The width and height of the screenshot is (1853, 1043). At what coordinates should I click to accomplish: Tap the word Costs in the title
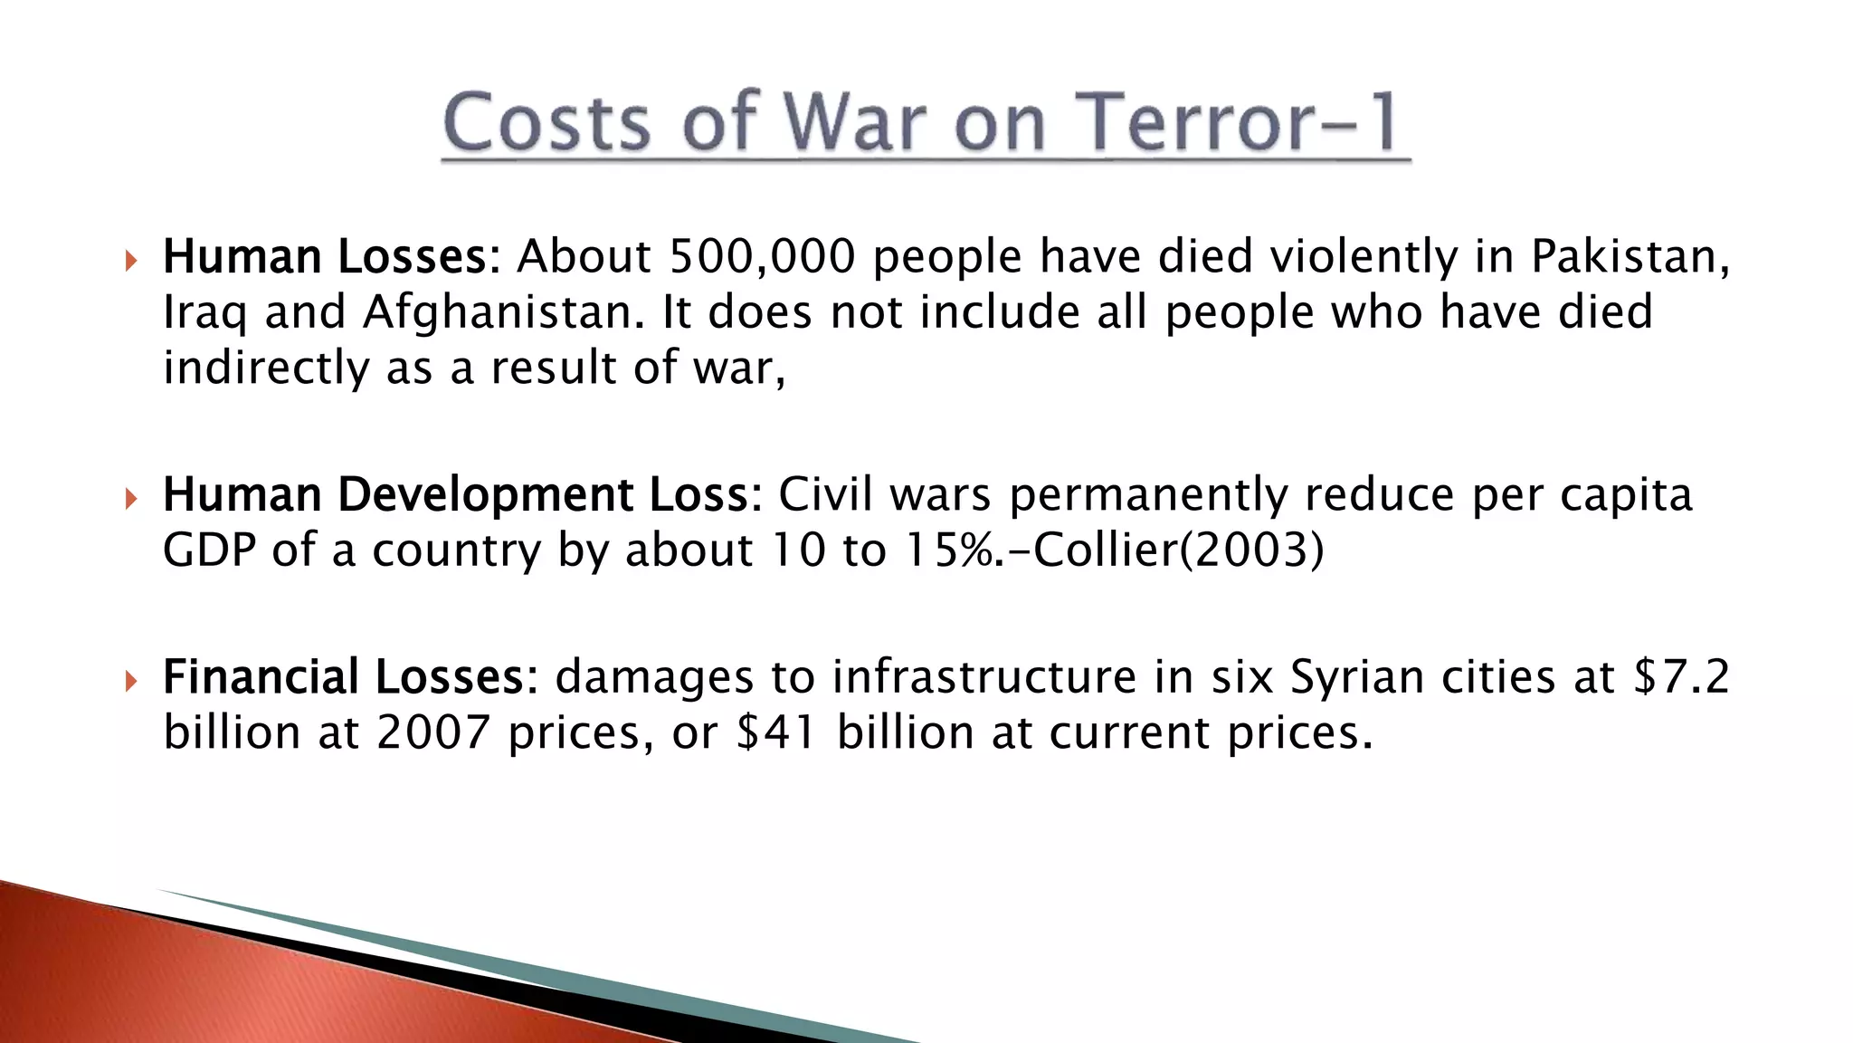(546, 122)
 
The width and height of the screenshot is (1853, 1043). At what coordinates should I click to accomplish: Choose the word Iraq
(204, 312)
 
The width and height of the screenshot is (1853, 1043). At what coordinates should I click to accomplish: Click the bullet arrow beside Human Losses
(131, 262)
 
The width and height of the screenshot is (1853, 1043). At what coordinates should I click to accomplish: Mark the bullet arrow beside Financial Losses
(131, 681)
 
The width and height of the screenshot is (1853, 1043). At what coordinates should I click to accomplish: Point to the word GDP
(209, 550)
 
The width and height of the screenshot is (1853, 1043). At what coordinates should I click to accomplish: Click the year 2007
(433, 732)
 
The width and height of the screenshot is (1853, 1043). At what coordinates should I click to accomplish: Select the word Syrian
(1357, 676)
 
